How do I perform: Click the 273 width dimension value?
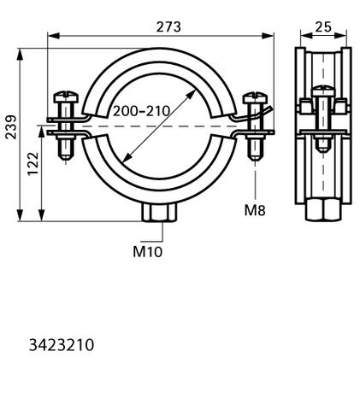(168, 27)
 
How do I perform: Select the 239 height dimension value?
(11, 127)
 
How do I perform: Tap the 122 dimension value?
(33, 164)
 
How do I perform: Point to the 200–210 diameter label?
(141, 111)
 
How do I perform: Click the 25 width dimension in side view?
(323, 27)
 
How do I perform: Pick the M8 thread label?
(255, 211)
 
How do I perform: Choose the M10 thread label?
(148, 252)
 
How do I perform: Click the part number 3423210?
(62, 345)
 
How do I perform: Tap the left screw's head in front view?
(66, 97)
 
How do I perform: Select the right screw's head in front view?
(255, 97)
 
